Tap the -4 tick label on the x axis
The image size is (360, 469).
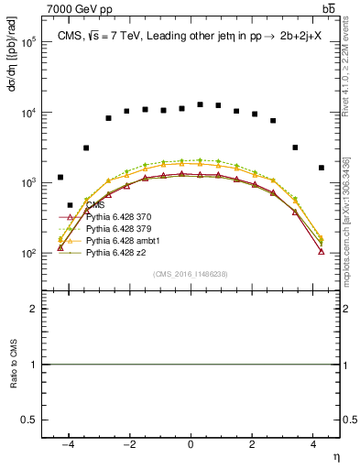(x=67, y=443)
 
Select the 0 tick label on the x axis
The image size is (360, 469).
(x=191, y=443)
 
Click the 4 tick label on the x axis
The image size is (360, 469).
(x=314, y=443)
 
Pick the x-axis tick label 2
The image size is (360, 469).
(x=253, y=443)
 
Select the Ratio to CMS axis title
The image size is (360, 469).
(x=13, y=365)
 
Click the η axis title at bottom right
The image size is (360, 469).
(x=335, y=455)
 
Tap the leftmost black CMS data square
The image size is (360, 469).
(x=60, y=177)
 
